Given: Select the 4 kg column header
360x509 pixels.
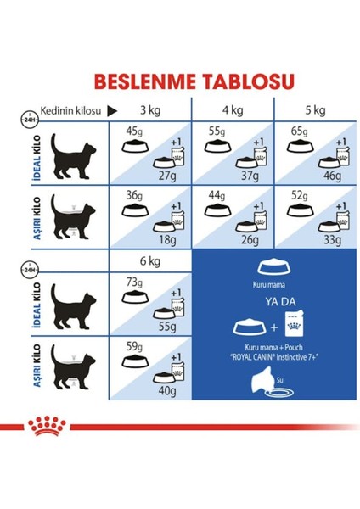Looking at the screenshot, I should [233, 111].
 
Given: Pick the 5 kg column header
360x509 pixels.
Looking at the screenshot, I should [313, 111].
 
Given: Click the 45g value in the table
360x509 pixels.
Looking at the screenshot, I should [133, 131].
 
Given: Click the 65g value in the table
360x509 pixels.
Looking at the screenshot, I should [299, 131].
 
